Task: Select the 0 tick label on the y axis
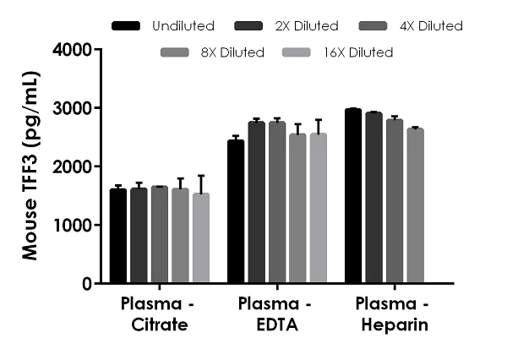click(87, 284)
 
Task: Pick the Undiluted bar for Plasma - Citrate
click(118, 237)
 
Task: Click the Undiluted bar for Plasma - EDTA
click(236, 212)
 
